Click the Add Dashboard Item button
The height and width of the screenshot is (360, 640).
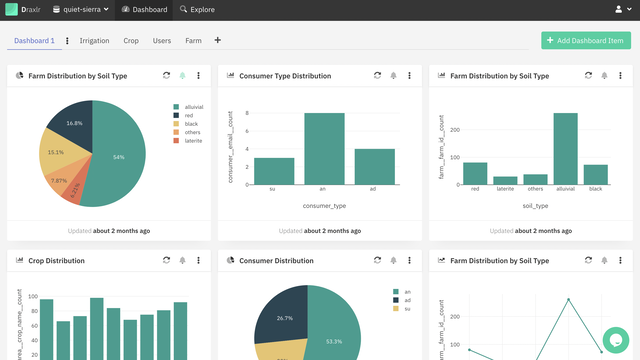pos(585,40)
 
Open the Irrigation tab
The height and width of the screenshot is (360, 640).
pos(94,41)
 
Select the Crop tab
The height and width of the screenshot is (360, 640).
pos(131,41)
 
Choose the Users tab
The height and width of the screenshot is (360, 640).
pos(161,41)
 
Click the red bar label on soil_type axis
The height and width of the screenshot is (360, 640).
pos(475,188)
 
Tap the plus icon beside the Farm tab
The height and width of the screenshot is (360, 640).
pos(218,41)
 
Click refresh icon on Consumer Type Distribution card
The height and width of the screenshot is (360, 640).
pos(377,75)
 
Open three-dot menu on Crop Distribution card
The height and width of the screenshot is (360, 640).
pos(199,260)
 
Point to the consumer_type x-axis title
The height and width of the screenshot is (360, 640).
pos(324,205)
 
